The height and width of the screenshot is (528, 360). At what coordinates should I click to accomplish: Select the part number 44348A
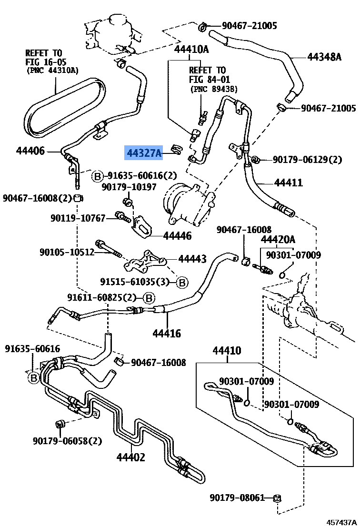(x=324, y=57)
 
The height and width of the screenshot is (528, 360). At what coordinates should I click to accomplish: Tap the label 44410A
(x=191, y=49)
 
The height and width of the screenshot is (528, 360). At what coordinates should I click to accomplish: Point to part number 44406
(x=30, y=151)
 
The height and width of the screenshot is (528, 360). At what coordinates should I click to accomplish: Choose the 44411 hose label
(x=288, y=183)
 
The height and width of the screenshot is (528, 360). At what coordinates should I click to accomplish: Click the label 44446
(x=177, y=236)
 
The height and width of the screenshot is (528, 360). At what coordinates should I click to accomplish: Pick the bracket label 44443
(x=192, y=259)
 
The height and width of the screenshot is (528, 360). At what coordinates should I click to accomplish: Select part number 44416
(x=166, y=333)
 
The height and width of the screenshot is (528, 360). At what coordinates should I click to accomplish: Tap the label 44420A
(x=278, y=239)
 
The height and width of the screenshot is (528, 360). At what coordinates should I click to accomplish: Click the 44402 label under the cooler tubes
(x=131, y=457)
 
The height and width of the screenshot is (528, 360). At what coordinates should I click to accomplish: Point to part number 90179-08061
(x=237, y=498)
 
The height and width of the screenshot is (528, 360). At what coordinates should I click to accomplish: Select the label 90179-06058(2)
(x=68, y=441)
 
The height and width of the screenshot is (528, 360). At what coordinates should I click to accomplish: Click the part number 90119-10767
(x=78, y=218)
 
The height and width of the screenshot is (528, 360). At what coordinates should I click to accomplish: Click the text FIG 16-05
(x=46, y=62)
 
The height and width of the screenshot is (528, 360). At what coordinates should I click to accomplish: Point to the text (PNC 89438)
(x=214, y=89)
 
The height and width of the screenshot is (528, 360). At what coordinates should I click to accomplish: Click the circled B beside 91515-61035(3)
(x=182, y=282)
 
